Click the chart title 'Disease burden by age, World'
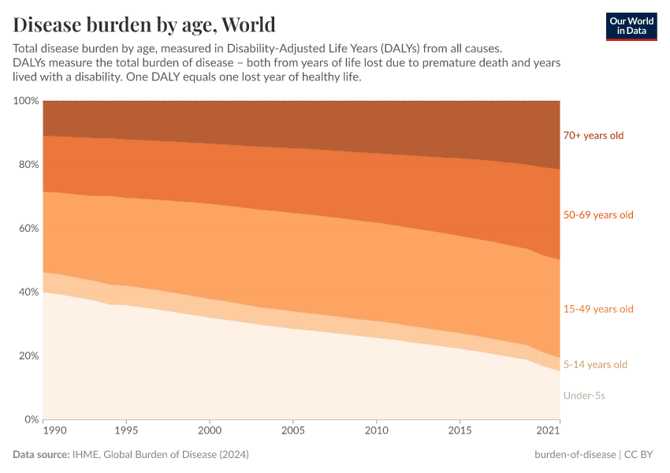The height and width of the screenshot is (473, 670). (144, 24)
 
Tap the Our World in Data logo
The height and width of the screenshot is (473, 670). (631, 26)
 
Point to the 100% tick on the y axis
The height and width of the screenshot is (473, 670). (26, 101)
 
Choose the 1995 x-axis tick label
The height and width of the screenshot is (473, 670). (127, 431)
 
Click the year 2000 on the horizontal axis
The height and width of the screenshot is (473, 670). (210, 431)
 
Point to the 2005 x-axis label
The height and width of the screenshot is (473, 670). (293, 431)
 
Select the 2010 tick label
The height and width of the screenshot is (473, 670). (377, 431)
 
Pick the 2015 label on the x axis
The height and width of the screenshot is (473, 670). (460, 431)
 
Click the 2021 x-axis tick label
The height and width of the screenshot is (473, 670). (549, 431)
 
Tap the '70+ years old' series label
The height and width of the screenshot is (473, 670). (593, 136)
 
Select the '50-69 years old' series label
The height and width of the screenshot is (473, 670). (597, 214)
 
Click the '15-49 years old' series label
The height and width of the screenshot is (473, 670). (597, 309)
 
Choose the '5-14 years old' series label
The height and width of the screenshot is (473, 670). (595, 364)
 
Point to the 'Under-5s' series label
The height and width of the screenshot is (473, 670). (584, 395)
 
